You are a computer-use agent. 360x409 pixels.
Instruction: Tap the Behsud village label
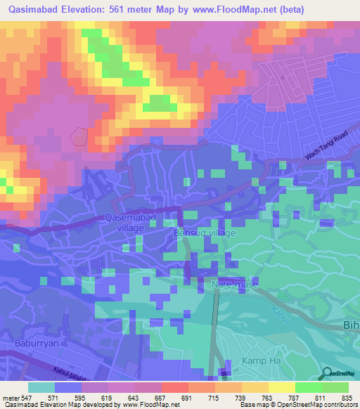click(x=205, y=232)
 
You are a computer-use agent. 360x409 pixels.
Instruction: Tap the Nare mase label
click(x=235, y=285)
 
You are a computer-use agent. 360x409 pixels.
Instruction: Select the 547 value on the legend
click(x=25, y=397)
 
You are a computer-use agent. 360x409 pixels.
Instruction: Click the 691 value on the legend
click(x=186, y=397)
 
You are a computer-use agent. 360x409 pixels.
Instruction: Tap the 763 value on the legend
click(x=267, y=397)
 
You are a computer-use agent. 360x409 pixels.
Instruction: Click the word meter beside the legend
click(x=9, y=397)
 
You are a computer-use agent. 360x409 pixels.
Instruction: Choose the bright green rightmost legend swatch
click(x=335, y=387)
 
